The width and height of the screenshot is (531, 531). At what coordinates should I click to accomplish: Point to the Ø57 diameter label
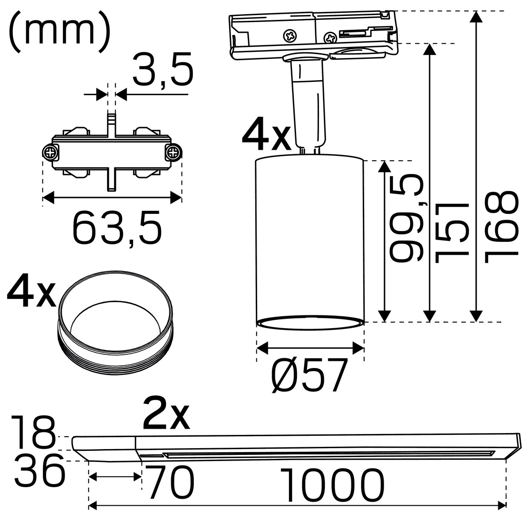309,376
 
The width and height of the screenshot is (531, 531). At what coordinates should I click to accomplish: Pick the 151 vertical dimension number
451,232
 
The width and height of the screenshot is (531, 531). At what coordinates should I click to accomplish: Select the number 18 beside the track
34,435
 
